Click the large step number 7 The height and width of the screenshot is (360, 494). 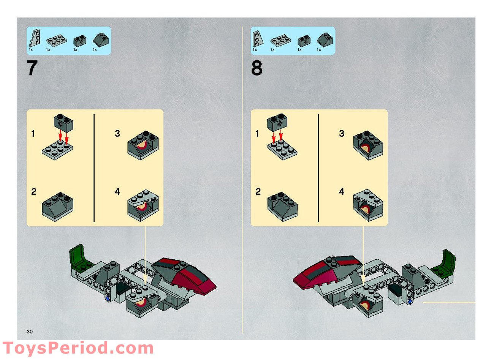tap(32, 68)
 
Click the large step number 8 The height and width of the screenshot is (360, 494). tap(256, 68)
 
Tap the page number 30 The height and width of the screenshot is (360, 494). tap(30, 332)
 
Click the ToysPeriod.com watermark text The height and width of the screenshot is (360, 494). tap(78, 348)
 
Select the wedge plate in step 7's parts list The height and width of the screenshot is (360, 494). tap(35, 38)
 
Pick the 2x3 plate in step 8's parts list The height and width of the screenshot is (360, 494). tap(280, 40)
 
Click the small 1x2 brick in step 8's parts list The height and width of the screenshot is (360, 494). tap(304, 40)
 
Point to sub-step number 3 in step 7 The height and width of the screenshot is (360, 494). tap(117, 134)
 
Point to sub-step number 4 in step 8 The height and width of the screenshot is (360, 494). tap(341, 192)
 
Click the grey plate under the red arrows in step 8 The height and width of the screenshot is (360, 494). tap(282, 150)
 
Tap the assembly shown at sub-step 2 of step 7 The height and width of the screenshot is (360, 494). tap(57, 207)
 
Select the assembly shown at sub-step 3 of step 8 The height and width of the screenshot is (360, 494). tap(368, 146)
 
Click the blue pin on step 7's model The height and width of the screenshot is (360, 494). tap(108, 299)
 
